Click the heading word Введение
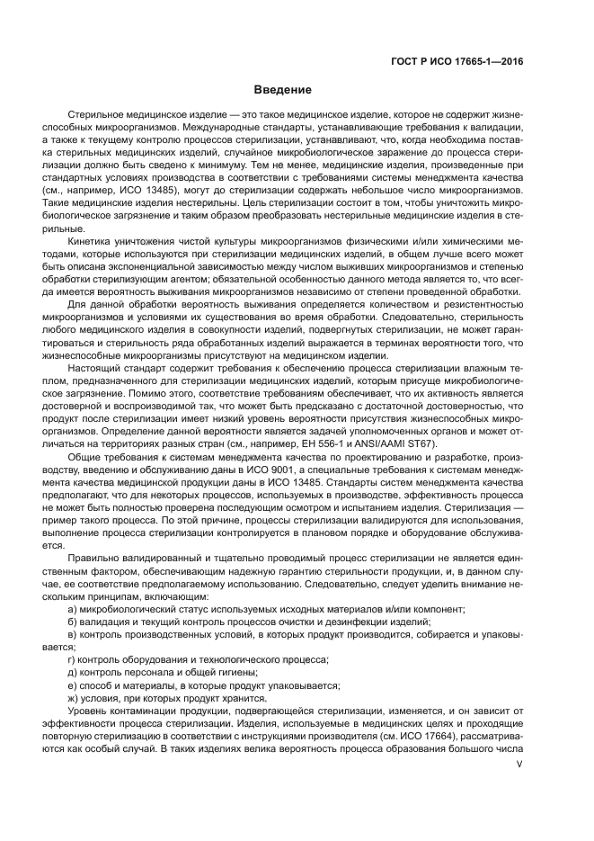click(x=282, y=90)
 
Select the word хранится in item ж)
click(x=244, y=698)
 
